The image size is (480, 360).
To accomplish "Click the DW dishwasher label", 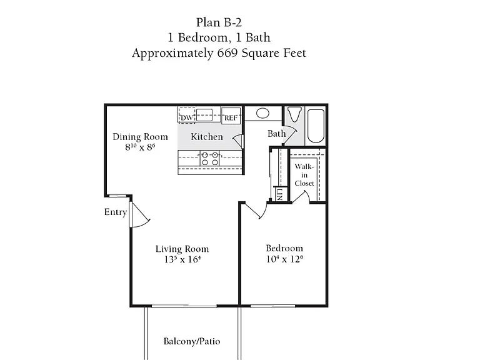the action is tap(186, 118).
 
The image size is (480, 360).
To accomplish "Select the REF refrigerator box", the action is tap(231, 116).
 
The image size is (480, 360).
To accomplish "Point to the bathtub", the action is tap(316, 126).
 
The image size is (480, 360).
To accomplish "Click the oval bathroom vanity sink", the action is tap(262, 113).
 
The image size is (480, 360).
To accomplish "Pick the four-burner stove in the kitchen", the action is tap(210, 159).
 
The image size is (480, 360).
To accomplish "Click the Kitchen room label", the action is tap(207, 136).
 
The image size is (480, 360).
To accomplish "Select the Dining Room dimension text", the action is tap(140, 147).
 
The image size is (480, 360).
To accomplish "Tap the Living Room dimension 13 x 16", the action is tap(182, 259).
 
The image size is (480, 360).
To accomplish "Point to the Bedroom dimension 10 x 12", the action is tap(284, 259).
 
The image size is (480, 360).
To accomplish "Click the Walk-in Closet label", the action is tap(304, 175).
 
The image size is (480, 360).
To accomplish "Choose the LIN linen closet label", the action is tap(280, 194).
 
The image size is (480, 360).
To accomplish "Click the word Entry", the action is tap(116, 212).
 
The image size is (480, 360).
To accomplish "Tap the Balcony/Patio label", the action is tap(192, 341).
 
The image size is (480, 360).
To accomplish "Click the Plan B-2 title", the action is tap(219, 22).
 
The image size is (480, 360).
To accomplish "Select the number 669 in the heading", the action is tap(227, 53).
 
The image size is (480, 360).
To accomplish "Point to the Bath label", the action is tap(276, 134).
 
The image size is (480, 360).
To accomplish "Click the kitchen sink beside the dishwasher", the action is tap(204, 114).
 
